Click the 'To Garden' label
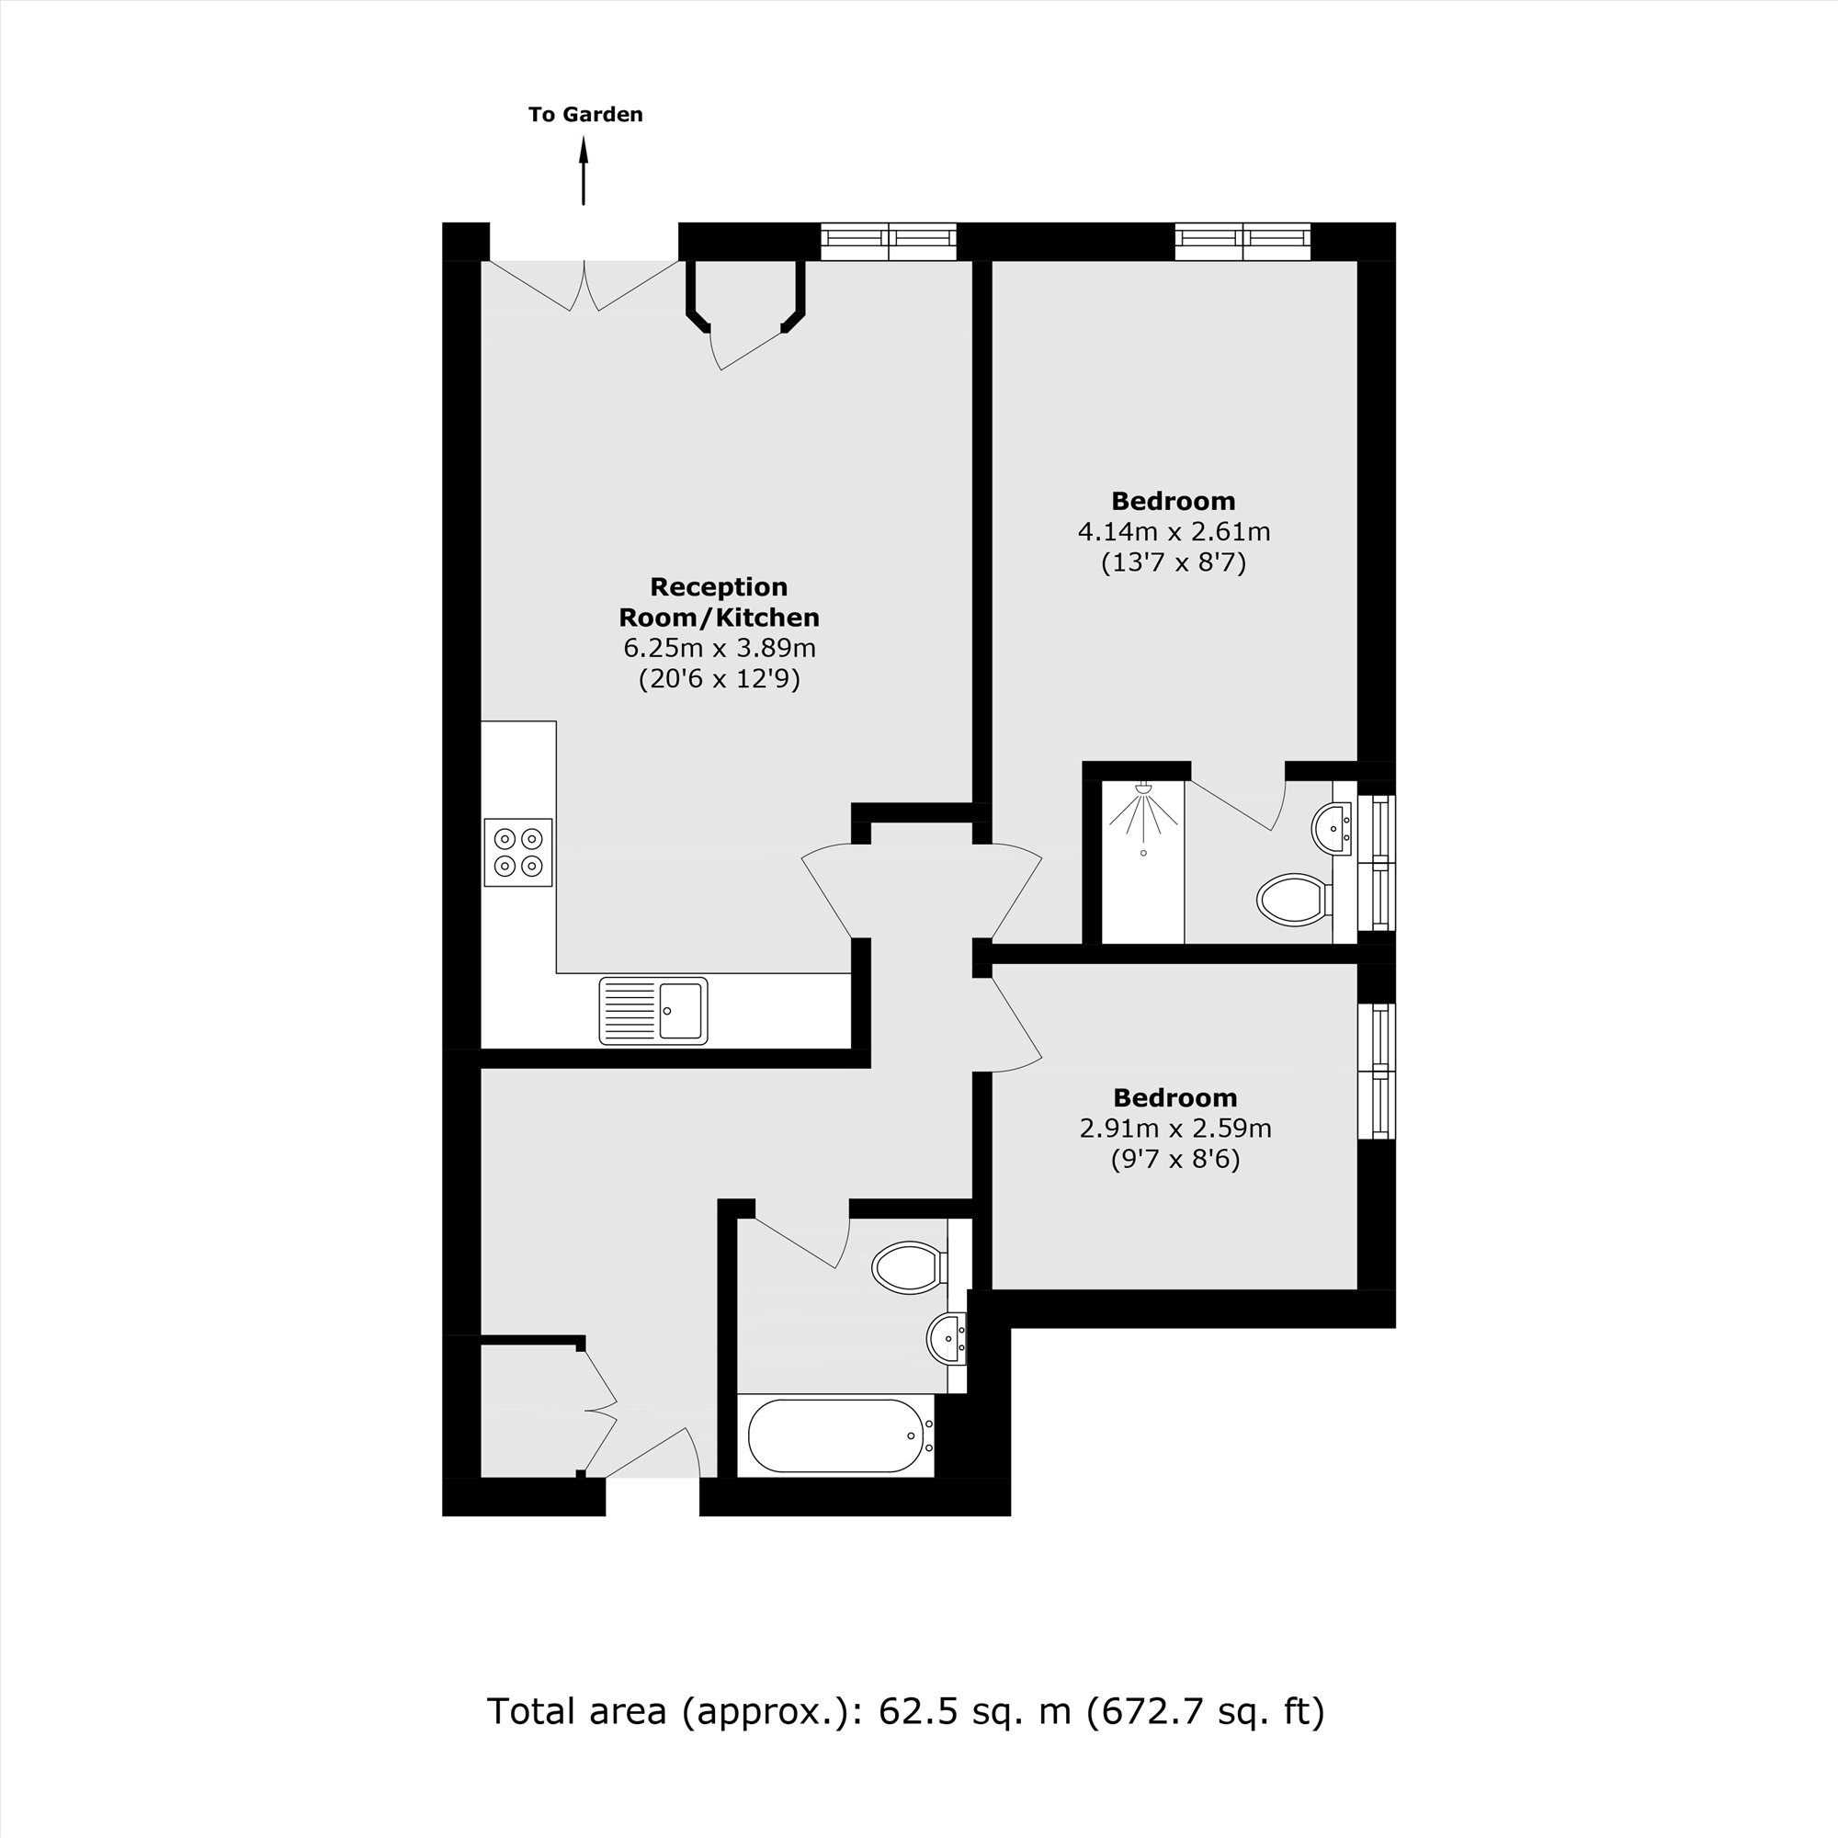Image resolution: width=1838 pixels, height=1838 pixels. (585, 114)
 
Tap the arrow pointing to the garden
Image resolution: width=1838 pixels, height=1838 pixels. (584, 171)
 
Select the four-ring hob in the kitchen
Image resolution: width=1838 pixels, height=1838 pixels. (517, 852)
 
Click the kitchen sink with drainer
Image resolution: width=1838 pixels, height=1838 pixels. (652, 1010)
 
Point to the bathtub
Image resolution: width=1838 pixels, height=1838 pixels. (834, 1435)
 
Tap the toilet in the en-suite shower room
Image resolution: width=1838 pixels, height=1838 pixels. (1294, 899)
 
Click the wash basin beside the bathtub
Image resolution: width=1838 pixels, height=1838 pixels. (947, 1339)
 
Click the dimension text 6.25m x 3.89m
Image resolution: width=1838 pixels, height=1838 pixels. (720, 649)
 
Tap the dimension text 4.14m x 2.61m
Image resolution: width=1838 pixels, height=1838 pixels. (1173, 532)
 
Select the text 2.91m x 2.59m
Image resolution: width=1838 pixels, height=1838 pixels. (1174, 1129)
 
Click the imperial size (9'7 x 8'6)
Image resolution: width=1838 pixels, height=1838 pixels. (1174, 1160)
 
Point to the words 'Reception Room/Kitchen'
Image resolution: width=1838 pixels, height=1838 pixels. (720, 602)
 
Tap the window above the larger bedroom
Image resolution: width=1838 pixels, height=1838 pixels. (1242, 242)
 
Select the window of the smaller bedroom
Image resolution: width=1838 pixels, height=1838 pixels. (1377, 1071)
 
